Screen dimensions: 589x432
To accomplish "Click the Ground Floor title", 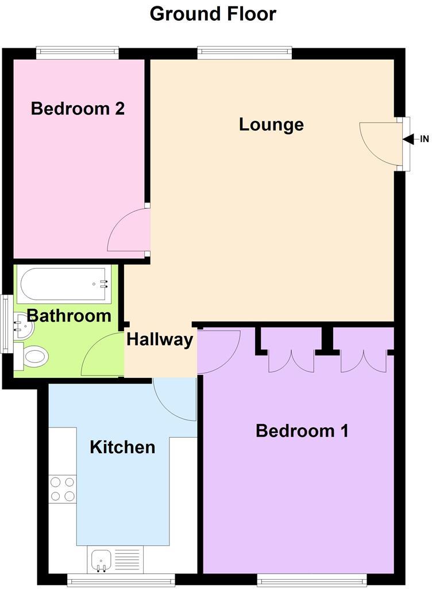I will (213, 13).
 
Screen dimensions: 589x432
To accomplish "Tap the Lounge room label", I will (271, 124).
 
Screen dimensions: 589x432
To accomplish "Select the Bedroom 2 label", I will (78, 108).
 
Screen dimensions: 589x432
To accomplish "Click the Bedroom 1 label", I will (302, 430).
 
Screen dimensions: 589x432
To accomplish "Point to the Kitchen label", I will (122, 447).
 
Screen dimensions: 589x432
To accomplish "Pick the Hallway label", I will (160, 339).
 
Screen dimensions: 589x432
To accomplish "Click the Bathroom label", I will (69, 315).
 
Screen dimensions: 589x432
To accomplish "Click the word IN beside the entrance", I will (425, 139).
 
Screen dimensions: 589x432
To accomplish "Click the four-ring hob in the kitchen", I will (63, 488).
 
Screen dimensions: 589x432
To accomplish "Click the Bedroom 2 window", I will (78, 53).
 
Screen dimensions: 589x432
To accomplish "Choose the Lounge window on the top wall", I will (244, 53).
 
